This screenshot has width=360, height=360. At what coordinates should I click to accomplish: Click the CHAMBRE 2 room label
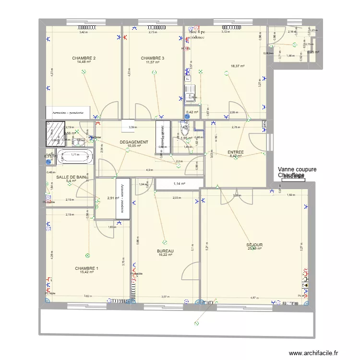pos(84,58)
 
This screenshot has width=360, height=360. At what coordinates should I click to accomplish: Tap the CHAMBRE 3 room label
pos(153,58)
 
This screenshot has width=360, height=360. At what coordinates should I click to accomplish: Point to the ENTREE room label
pos(236,152)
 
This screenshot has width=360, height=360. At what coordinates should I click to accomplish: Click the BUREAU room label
pos(165,251)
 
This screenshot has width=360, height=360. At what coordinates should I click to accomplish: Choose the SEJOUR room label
pos(254,245)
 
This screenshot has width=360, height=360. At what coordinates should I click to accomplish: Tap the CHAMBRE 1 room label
pos(87,268)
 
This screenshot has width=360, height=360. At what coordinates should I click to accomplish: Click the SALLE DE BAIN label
pos(72,177)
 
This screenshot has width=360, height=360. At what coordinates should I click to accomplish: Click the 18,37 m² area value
pos(238,66)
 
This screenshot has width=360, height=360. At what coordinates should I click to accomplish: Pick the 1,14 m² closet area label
pos(179,184)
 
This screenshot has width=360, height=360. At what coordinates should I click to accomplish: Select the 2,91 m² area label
pos(113,198)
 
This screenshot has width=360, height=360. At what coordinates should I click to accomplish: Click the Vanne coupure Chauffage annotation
pos(297,172)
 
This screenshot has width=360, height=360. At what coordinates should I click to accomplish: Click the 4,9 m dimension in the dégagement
pos(149,170)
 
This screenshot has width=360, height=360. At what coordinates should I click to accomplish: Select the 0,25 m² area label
pos(313,52)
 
